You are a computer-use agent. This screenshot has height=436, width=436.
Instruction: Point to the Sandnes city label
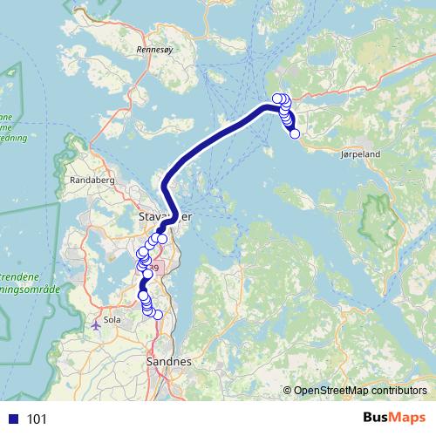point(169,361)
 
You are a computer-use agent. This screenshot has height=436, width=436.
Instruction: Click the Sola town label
point(112,320)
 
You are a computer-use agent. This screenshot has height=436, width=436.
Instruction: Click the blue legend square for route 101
point(14,419)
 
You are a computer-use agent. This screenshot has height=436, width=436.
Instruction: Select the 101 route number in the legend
point(37,419)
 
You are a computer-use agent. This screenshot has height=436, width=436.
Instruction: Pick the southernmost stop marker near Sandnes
point(158,315)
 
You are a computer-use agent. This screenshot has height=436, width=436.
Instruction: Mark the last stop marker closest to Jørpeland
point(295,133)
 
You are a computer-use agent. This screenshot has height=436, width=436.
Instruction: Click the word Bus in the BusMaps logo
point(376,419)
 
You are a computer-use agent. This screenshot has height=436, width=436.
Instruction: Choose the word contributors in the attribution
point(399,391)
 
